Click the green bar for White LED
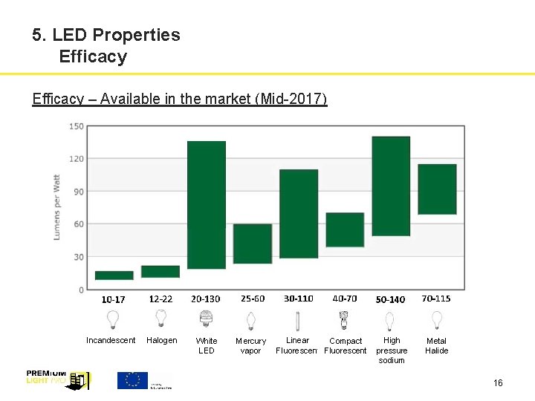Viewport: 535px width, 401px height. point(207,205)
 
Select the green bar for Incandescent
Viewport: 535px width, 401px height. point(114,276)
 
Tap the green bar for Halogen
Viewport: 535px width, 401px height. point(160,272)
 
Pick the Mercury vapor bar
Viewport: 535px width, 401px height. point(253,244)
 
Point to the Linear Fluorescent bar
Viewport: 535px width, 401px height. point(299,214)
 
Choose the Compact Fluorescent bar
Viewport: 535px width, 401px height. point(345,230)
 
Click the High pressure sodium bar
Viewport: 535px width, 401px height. point(391,186)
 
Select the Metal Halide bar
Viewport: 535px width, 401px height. point(437,189)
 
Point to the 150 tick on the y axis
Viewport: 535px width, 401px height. point(77,126)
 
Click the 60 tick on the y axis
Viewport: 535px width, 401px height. point(78,224)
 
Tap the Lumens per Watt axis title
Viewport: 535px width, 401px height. point(57,207)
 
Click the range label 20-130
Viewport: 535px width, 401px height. point(206,299)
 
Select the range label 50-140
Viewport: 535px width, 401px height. point(390,300)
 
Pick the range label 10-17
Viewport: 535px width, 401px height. point(114,300)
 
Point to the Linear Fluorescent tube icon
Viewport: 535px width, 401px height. point(298,320)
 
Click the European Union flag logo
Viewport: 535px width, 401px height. point(133,380)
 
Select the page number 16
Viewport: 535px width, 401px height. point(498,383)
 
